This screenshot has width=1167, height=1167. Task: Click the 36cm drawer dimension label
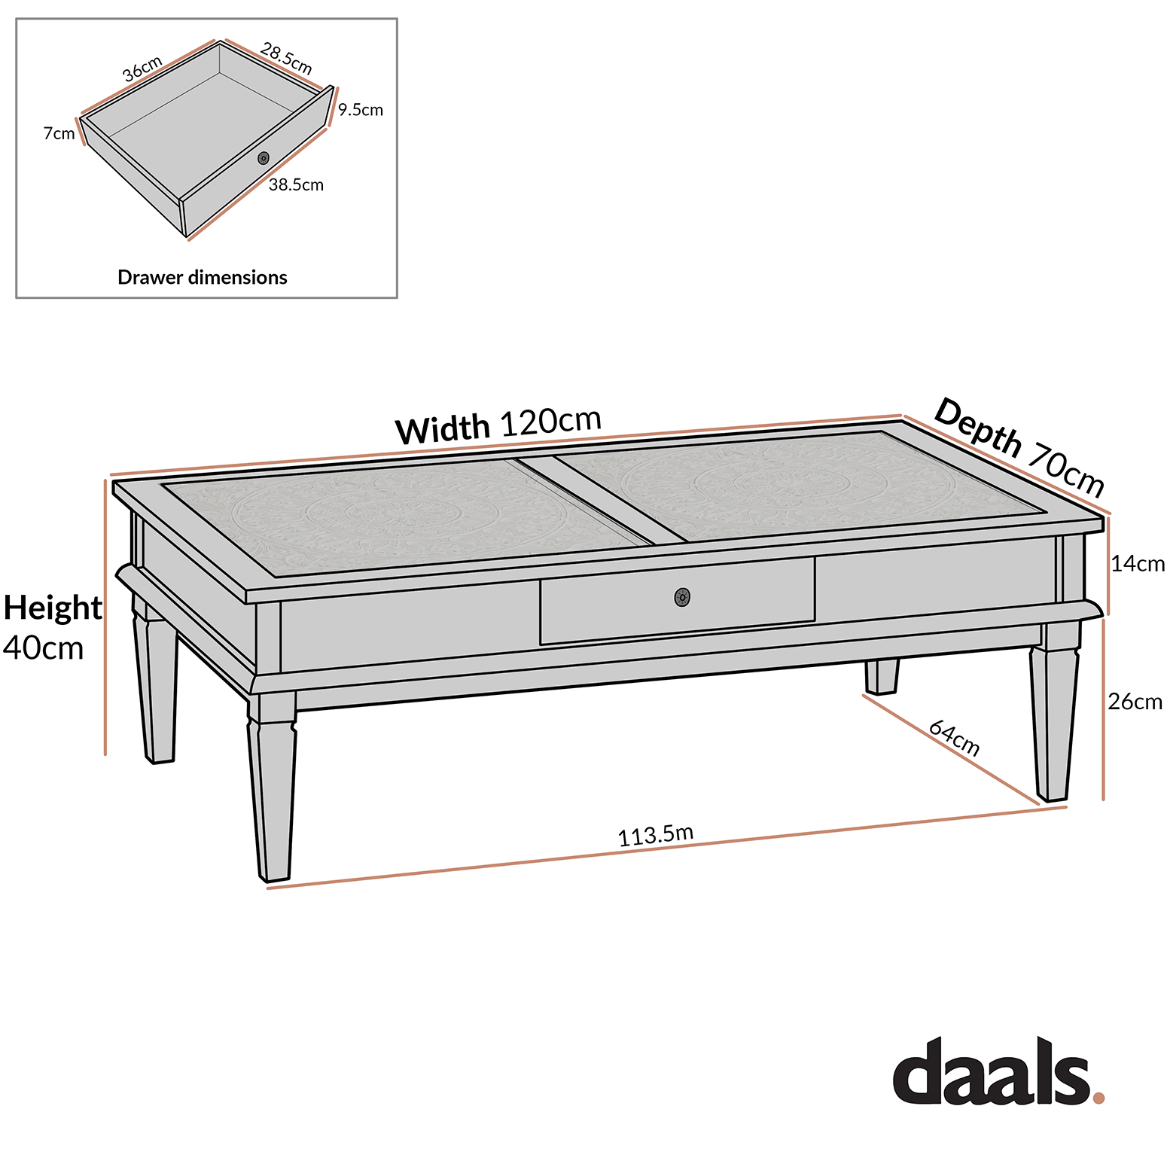point(142,69)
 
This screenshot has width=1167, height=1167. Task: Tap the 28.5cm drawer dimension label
point(286,59)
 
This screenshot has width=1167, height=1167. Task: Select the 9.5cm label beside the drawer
point(361,110)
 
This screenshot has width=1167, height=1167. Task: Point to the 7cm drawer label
point(59,134)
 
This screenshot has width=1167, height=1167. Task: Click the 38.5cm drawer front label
point(296,185)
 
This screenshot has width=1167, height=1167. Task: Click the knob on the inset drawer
point(264,158)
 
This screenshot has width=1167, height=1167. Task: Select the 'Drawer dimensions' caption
point(203,278)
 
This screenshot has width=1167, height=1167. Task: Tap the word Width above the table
point(442,430)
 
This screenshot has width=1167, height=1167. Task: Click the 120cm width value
point(550,422)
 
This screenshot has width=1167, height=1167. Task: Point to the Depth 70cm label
point(1019,447)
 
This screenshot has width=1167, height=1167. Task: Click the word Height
point(53,608)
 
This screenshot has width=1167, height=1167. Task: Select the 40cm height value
point(43,648)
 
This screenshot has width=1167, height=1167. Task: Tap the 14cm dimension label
point(1138,564)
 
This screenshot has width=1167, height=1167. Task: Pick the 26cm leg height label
point(1135,702)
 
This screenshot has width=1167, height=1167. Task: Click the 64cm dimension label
point(954,738)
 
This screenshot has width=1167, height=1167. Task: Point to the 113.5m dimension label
point(655,835)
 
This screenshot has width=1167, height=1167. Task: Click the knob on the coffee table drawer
point(682,598)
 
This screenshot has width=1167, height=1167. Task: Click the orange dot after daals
point(1098,1098)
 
